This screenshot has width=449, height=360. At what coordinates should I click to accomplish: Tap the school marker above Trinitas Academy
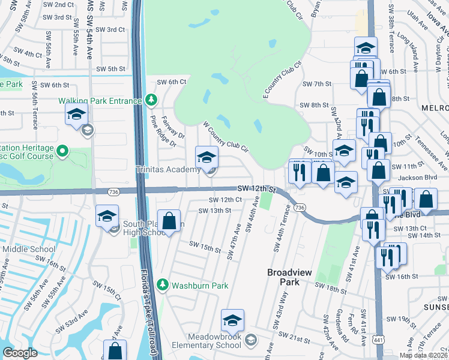206,157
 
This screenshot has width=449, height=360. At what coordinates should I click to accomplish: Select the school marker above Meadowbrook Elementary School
232,320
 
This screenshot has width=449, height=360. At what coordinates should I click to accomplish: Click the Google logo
20,353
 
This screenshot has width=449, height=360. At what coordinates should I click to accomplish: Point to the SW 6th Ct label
172,82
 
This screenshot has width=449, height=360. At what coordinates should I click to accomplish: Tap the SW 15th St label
205,246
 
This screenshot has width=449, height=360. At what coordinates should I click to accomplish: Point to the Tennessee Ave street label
436,154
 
